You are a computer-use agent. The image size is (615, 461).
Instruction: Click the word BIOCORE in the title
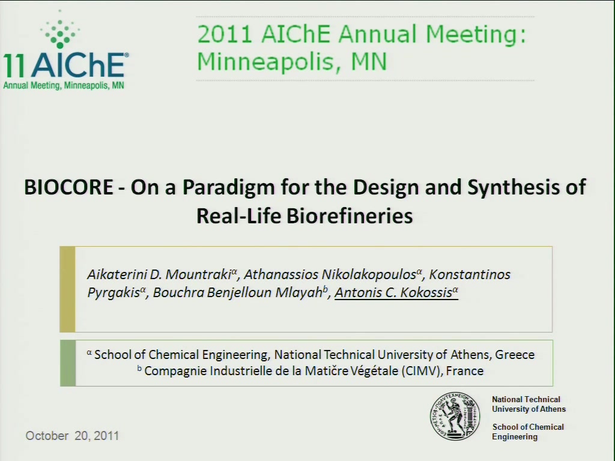point(68,187)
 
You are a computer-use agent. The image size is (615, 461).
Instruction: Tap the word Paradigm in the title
point(228,188)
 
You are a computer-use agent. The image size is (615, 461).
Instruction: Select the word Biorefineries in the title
point(350,215)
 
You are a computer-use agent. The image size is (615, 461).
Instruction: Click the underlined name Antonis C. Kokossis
point(396,292)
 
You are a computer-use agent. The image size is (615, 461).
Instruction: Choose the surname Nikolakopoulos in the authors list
point(369,274)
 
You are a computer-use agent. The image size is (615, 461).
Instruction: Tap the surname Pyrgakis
point(114,293)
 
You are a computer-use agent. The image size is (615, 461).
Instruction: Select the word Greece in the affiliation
point(515,354)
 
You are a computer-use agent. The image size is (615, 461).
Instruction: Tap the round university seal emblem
point(455,417)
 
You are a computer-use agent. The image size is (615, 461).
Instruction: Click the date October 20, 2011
point(72,436)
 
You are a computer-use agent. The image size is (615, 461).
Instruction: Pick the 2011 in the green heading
point(225,34)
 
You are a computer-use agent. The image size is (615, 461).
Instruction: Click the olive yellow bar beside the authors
point(67,289)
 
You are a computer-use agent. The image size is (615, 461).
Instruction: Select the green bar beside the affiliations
point(68,363)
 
